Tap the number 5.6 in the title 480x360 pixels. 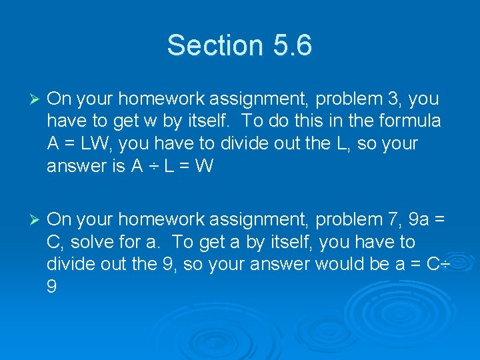click(291, 45)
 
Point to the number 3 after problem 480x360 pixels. click(394, 99)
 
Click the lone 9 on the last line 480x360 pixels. click(52, 287)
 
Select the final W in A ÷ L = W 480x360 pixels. click(204, 167)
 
